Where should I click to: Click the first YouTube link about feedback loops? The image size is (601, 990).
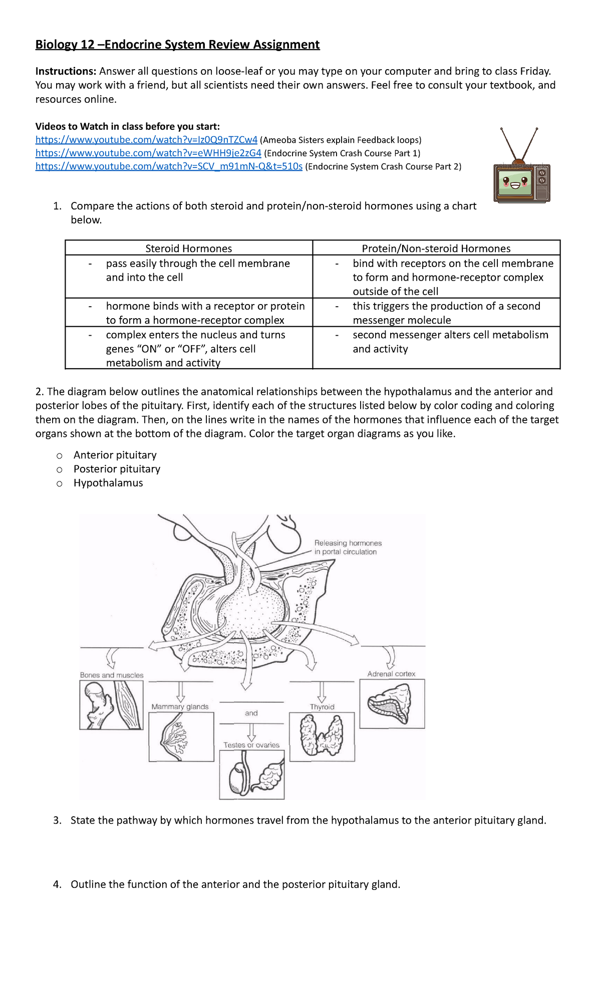146,140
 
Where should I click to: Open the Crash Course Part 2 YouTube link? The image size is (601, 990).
169,166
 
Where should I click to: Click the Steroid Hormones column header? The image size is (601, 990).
188,249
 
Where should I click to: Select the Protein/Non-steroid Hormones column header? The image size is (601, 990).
436,249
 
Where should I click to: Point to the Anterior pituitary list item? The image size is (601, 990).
115,455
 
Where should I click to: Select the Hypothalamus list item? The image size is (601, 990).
108,483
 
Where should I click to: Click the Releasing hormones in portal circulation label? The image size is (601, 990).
348,548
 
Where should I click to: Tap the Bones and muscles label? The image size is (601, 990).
111,675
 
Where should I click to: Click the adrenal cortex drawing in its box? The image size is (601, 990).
391,703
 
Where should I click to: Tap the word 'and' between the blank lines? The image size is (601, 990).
251,713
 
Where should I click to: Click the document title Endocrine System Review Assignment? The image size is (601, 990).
177,45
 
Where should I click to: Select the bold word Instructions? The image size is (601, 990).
65,71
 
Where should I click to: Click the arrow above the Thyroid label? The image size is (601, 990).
322,692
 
